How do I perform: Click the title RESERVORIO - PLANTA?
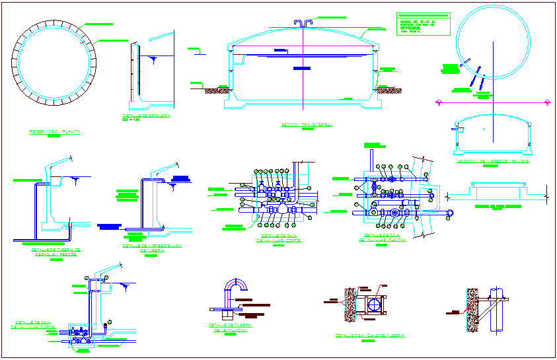[54, 132]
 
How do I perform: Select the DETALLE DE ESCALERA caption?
[146, 116]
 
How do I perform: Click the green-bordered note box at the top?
[423, 24]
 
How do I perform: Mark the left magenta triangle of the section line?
[439, 101]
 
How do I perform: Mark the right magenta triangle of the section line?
[548, 101]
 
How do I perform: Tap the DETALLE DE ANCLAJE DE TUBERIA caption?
[370, 336]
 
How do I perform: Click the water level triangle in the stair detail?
[153, 59]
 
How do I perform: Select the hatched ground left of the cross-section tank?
[215, 89]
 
